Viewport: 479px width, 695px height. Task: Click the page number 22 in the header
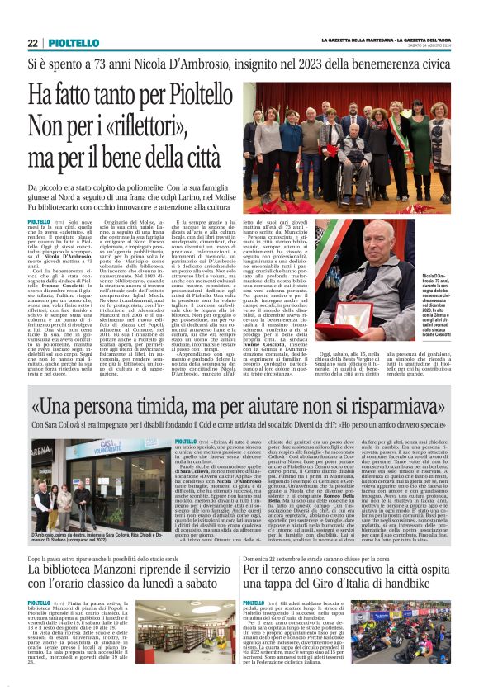(32, 43)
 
